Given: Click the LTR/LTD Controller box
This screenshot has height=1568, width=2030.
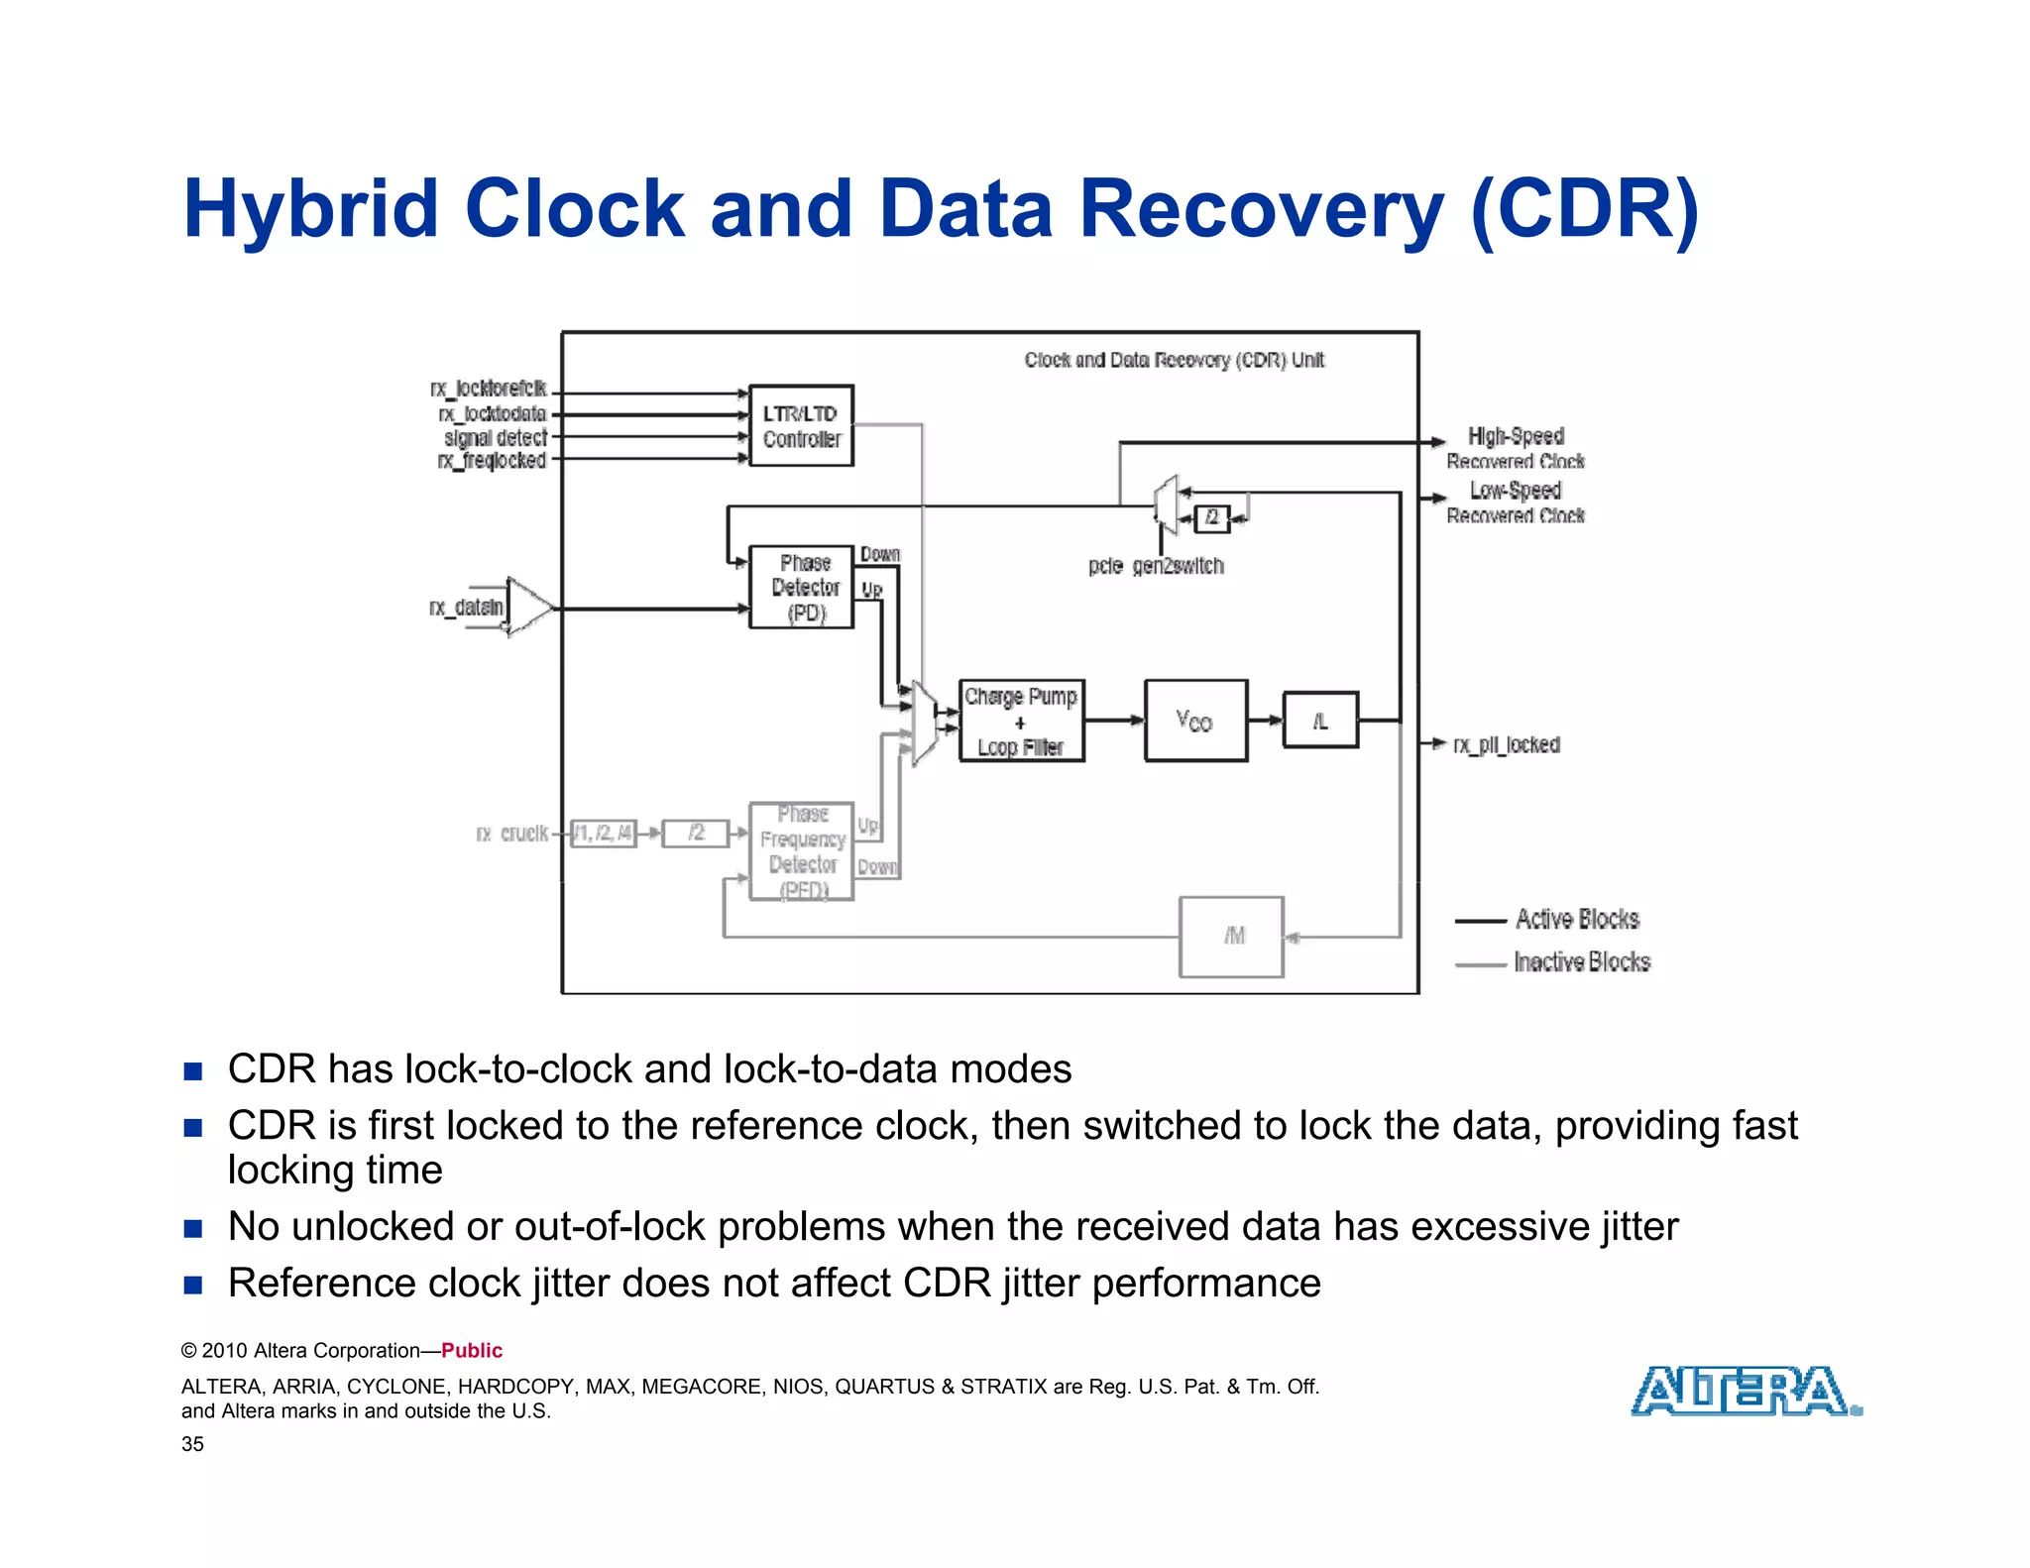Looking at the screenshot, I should pyautogui.click(x=801, y=426).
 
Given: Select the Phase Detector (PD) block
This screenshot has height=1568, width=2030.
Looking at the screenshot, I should pyautogui.click(x=801, y=587).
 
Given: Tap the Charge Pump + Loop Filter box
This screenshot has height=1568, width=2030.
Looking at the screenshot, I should pyautogui.click(x=1021, y=722).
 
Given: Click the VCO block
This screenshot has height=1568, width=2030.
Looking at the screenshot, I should pyautogui.click(x=1195, y=721).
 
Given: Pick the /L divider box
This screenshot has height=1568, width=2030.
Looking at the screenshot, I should pyautogui.click(x=1320, y=721).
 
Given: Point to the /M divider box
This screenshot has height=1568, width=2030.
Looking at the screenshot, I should pyautogui.click(x=1231, y=937).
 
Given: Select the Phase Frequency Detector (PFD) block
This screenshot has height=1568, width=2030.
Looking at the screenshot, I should pyautogui.click(x=801, y=851).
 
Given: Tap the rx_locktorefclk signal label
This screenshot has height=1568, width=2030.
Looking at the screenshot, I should pyautogui.click(x=488, y=389).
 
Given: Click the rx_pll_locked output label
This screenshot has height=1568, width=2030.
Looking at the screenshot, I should pyautogui.click(x=1506, y=744).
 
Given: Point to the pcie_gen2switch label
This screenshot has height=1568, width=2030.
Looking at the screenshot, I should pyautogui.click(x=1156, y=566).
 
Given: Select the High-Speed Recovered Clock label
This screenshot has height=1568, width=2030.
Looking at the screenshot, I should pyautogui.click(x=1515, y=448).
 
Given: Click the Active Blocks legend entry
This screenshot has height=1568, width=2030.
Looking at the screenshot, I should pyautogui.click(x=1576, y=920).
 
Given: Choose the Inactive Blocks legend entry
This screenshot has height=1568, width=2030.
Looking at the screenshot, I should pyautogui.click(x=1581, y=962).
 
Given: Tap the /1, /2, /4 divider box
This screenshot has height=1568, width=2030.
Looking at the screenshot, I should pyautogui.click(x=603, y=833).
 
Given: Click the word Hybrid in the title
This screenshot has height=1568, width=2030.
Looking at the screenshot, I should pyautogui.click(x=310, y=209).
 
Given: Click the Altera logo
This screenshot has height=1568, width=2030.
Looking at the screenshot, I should pyautogui.click(x=1745, y=1391).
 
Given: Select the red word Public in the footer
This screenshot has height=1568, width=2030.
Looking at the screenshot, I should pyautogui.click(x=472, y=1351).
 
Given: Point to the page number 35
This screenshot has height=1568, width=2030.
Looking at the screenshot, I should pyautogui.click(x=192, y=1444).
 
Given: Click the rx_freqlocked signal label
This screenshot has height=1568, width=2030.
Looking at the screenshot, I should pyautogui.click(x=492, y=461).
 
